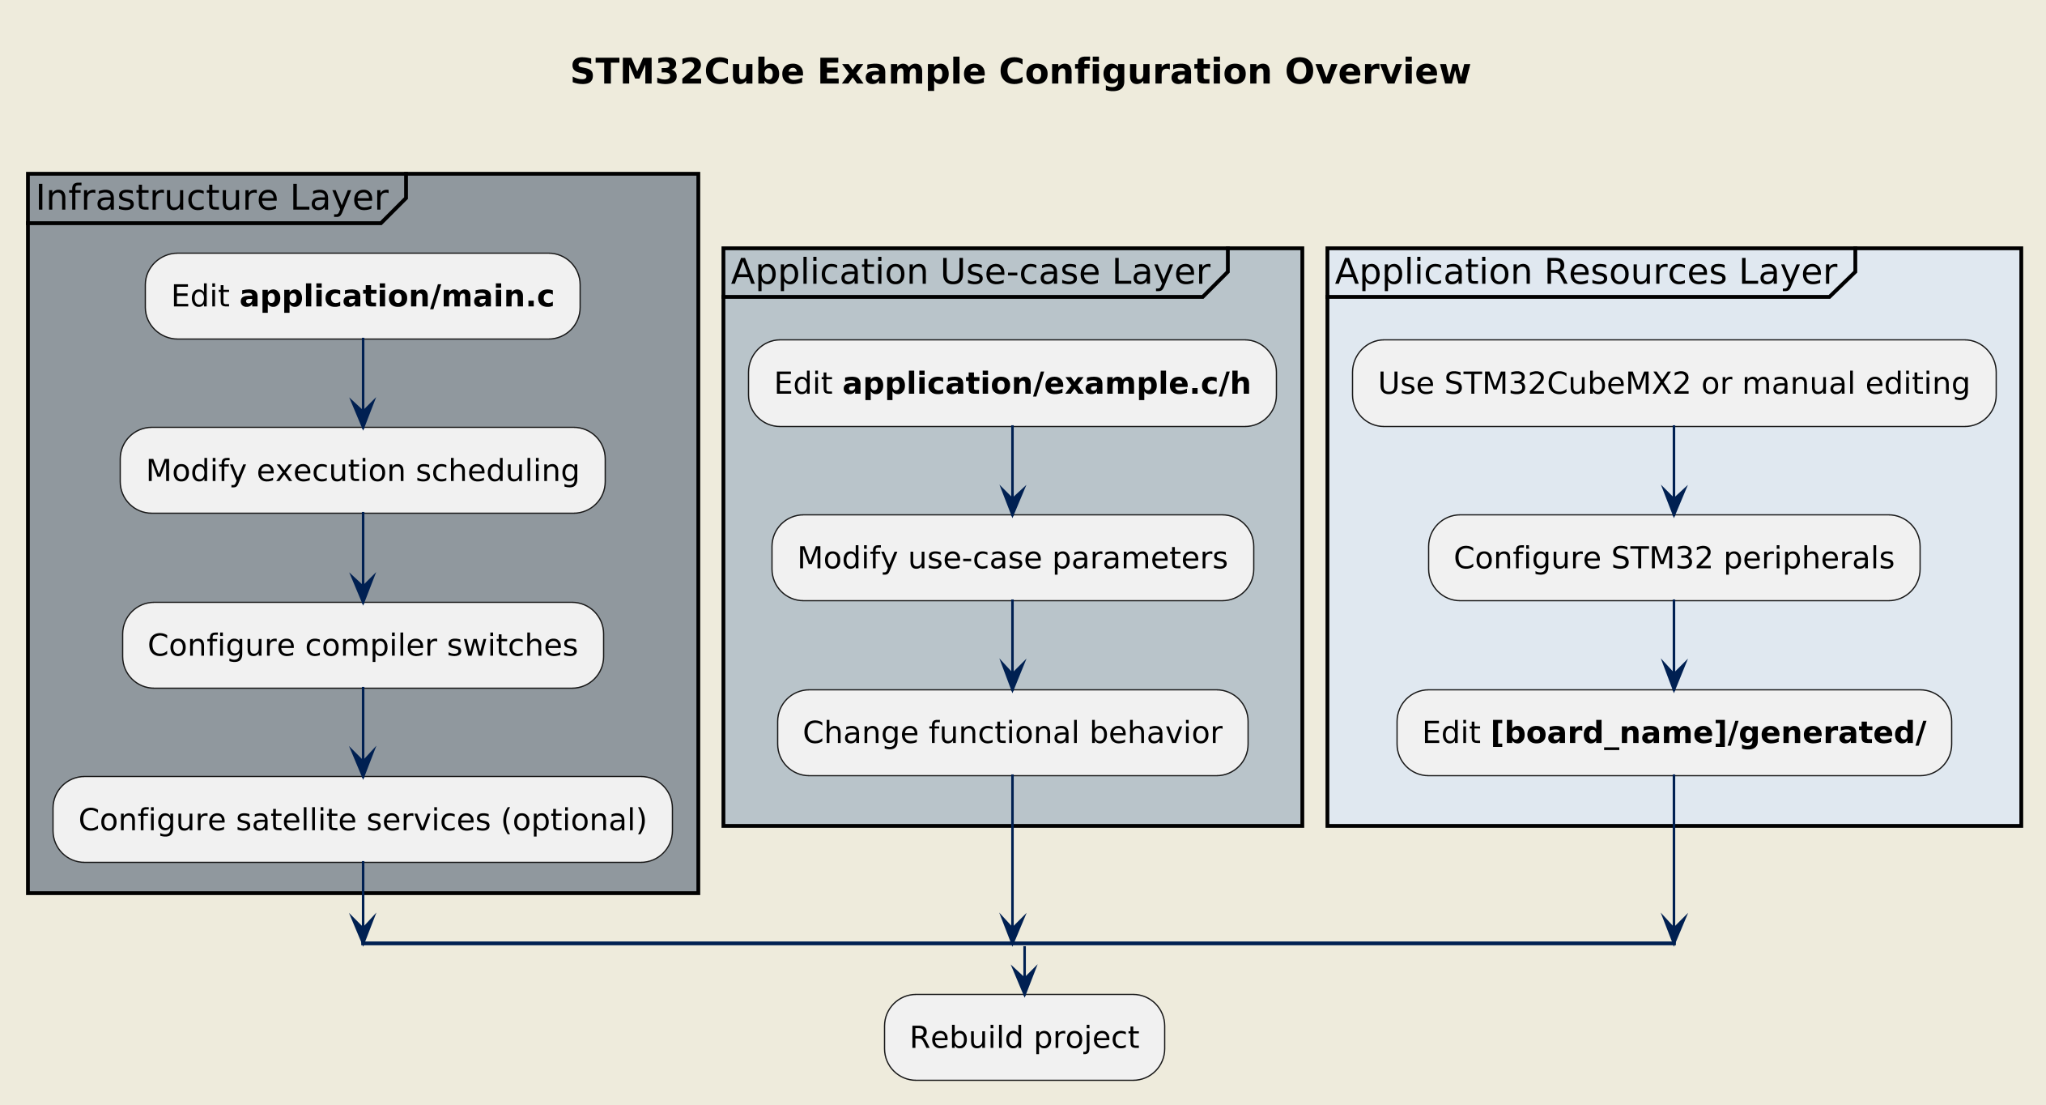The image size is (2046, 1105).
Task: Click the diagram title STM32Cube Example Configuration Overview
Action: (1020, 72)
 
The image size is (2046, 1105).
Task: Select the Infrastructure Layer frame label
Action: (212, 198)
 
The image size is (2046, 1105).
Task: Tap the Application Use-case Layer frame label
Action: (970, 272)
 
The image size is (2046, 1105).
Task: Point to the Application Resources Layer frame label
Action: (1586, 272)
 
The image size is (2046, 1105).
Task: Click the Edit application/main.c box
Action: (363, 297)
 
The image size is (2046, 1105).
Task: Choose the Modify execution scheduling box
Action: (363, 471)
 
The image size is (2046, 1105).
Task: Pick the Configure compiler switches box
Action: (363, 646)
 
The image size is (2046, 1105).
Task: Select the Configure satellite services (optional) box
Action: (363, 820)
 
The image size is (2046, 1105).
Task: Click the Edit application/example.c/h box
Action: (1012, 384)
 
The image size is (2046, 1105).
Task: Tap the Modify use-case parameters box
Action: (1012, 558)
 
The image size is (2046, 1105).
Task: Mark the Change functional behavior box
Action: (1012, 733)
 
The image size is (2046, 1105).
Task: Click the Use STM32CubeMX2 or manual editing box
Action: (1674, 384)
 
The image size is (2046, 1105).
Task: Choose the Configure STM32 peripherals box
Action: (1674, 558)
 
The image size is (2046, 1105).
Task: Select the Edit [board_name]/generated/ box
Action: (1674, 733)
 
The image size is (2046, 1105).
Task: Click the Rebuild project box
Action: (1024, 1038)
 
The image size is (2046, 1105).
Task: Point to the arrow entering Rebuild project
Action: (1024, 972)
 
